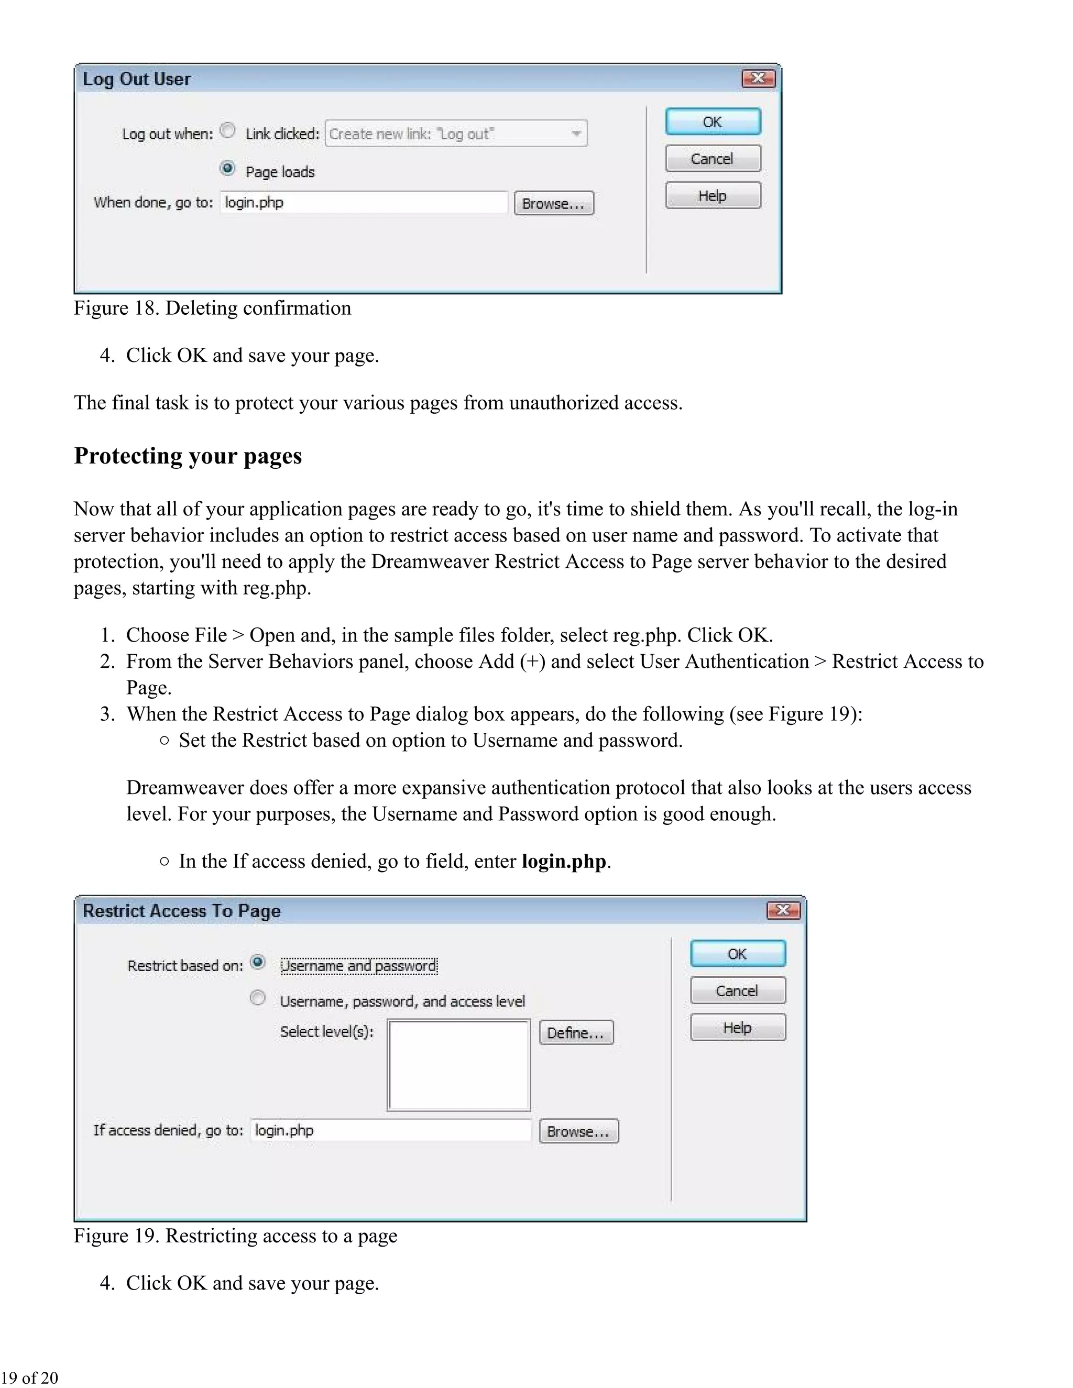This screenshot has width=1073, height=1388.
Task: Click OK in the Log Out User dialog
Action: click(713, 122)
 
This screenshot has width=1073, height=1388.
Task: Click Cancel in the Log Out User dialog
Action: click(713, 158)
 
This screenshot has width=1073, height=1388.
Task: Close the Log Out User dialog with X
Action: click(758, 78)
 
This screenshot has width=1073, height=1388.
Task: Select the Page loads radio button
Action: click(227, 169)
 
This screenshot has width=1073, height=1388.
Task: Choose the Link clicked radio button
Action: click(227, 130)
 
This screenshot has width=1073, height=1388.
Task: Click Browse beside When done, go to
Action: click(553, 203)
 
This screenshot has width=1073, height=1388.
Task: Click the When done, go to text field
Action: click(364, 203)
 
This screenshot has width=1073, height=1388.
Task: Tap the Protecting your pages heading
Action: click(188, 456)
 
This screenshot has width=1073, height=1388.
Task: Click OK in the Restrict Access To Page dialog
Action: click(737, 953)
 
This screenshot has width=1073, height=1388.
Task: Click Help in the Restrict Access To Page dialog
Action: click(737, 1027)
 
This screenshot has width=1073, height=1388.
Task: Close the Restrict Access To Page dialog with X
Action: click(783, 910)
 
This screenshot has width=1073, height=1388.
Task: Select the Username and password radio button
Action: click(257, 962)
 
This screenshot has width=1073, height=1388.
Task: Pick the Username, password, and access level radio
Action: click(257, 998)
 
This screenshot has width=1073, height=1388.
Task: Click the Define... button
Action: click(576, 1032)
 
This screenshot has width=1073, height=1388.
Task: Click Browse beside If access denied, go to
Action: click(578, 1131)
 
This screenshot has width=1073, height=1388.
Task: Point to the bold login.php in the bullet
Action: click(563, 861)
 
